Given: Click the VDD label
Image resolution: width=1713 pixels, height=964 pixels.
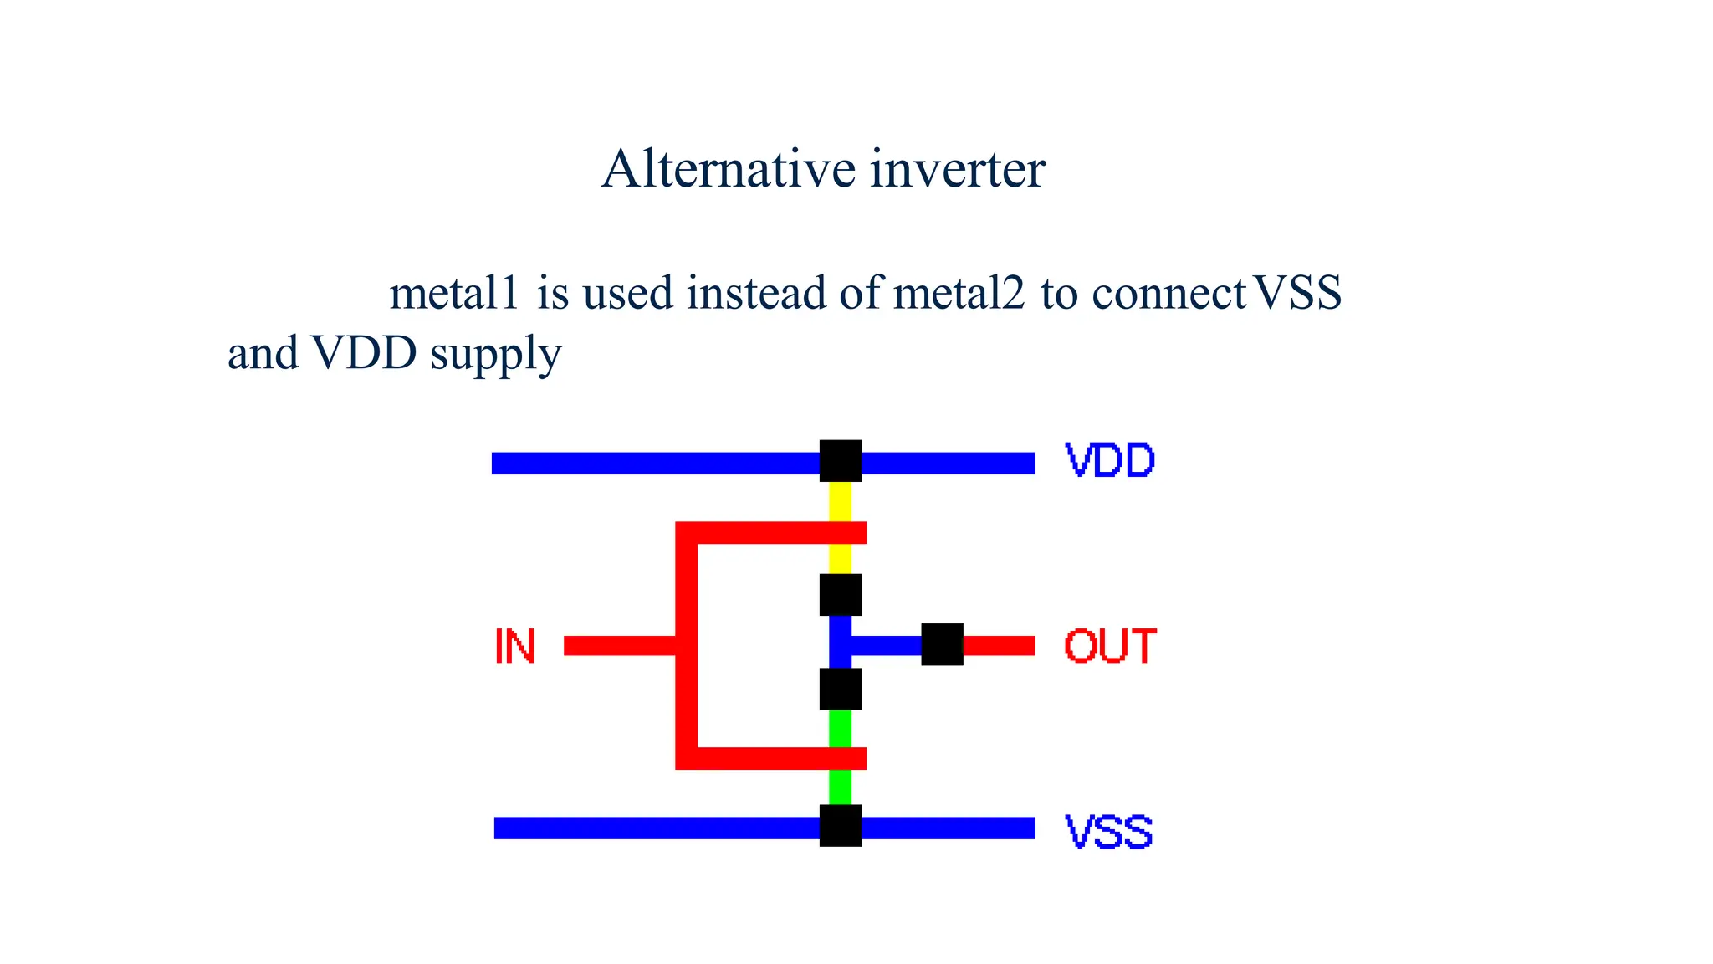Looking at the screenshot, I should pos(1109,460).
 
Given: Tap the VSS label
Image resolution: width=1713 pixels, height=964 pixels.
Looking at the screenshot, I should pos(1109,832).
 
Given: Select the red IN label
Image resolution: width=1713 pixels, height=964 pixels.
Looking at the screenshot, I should pos(514,647).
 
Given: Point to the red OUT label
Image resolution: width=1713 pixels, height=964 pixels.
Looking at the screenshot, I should pos(1110,647).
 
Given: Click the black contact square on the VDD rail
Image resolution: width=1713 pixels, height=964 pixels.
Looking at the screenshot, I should pos(840,461).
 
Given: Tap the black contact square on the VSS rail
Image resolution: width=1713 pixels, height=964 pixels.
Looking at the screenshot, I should pos(840,826).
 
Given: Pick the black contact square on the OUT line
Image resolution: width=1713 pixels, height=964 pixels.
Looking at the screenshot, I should pos(942,644).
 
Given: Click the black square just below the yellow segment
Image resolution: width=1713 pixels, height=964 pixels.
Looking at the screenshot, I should pos(840,595).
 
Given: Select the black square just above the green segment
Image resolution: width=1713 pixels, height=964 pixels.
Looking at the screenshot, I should pos(840,689).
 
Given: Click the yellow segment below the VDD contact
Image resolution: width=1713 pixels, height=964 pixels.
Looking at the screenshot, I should pos(840,501).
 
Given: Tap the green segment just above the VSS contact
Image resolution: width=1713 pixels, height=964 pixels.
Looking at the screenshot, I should pos(840,787).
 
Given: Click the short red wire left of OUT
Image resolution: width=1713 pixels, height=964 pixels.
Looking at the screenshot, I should pos(999,645).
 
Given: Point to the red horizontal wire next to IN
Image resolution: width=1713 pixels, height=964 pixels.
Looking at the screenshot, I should pos(619,645).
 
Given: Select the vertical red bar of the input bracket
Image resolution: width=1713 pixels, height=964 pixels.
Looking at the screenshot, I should pos(686,645).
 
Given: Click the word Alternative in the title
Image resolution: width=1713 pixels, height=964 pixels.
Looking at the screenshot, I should pos(728,169).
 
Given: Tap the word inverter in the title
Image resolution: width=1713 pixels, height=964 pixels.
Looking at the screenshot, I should pos(958,169).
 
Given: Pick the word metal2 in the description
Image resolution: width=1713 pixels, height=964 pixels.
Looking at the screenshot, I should pos(959,294).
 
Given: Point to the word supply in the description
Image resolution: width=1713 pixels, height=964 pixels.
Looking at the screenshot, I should pos(495,354).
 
